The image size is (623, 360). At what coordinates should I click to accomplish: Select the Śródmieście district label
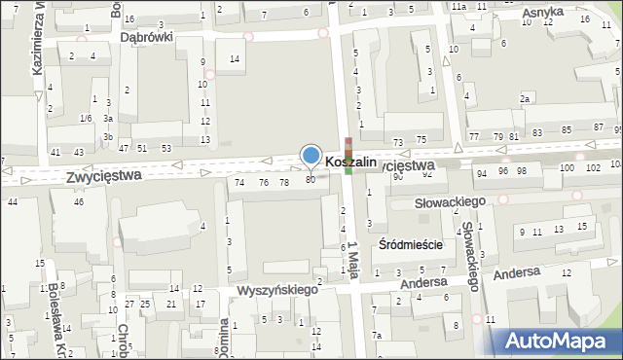(x=410, y=245)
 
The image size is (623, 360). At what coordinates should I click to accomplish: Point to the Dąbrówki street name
(x=146, y=36)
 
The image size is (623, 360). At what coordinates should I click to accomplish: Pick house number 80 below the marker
(x=311, y=179)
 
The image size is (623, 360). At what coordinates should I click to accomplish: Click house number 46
(x=79, y=201)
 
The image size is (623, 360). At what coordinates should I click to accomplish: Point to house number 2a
(x=525, y=99)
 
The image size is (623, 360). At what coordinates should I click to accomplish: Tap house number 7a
(x=376, y=336)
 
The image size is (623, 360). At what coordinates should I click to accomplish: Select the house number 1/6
(x=86, y=118)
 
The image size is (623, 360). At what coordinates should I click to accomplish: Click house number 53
(x=166, y=148)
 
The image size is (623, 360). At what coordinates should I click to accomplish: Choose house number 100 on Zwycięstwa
(x=567, y=168)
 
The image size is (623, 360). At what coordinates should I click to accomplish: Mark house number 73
(x=397, y=143)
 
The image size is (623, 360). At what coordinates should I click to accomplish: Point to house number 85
(x=566, y=129)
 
